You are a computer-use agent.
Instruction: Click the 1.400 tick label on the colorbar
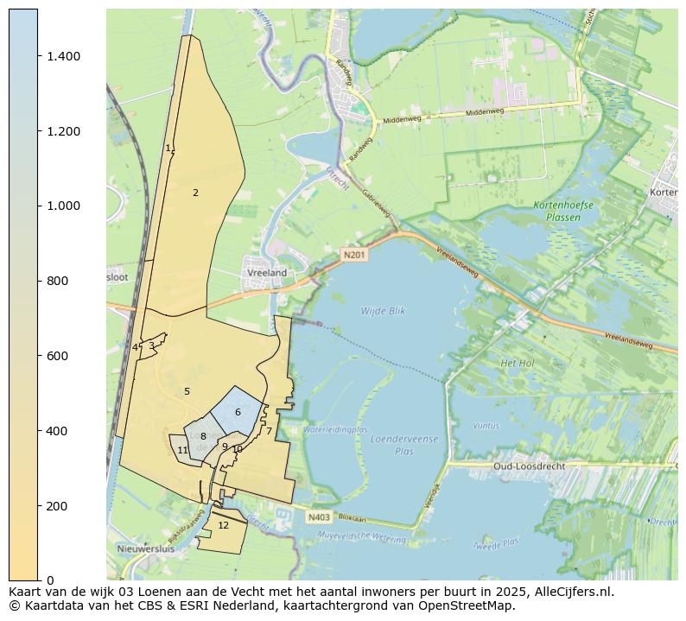click(x=64, y=56)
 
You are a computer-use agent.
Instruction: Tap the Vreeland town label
click(x=267, y=272)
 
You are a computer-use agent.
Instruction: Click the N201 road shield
click(x=353, y=255)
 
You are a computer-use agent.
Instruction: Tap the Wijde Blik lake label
click(x=383, y=310)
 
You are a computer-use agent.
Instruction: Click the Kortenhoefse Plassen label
click(x=557, y=212)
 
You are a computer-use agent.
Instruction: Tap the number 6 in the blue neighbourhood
click(x=238, y=413)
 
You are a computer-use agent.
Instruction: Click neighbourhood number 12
click(x=223, y=525)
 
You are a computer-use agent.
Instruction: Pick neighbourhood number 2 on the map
click(x=195, y=193)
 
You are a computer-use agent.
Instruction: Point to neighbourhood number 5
click(x=187, y=392)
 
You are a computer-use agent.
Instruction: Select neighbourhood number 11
click(x=182, y=451)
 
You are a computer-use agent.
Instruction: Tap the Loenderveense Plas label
click(x=403, y=445)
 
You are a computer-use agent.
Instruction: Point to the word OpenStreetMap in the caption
click(x=467, y=605)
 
